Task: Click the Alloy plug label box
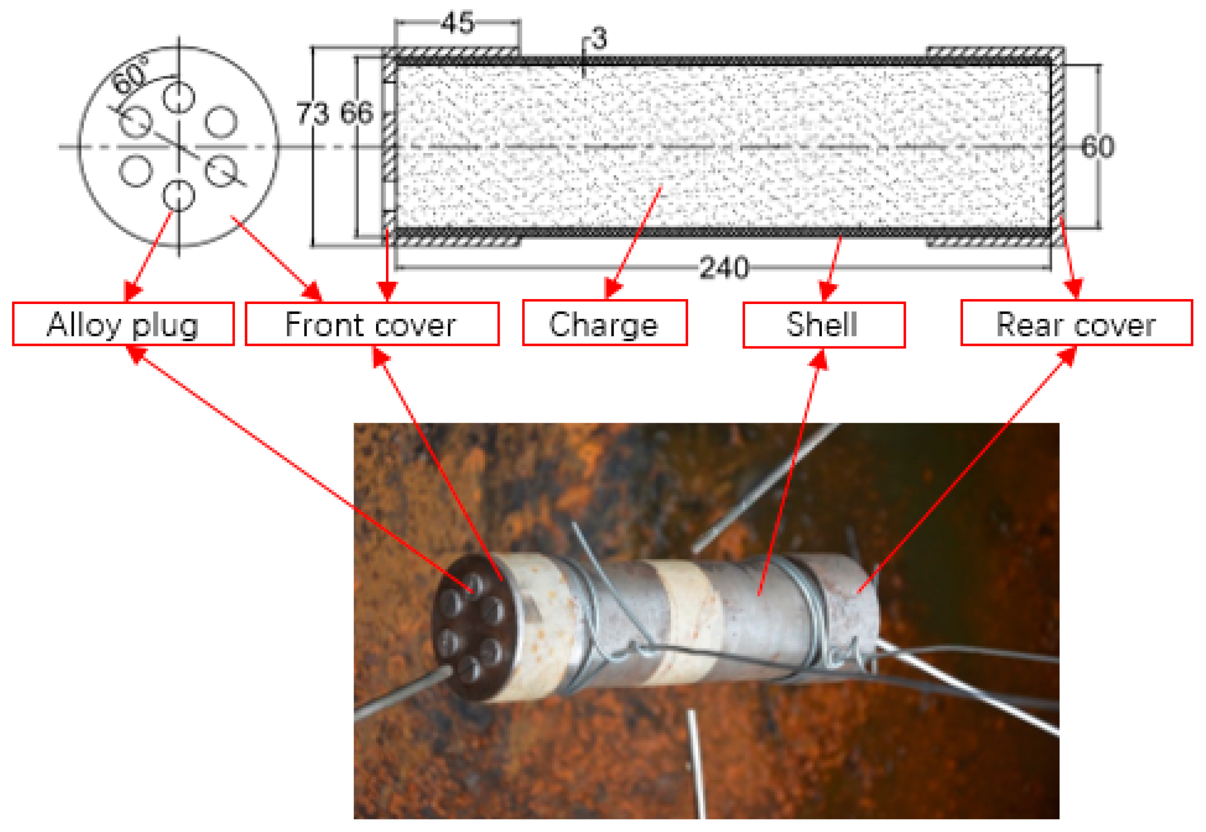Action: click(x=123, y=324)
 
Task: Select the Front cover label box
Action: click(x=372, y=324)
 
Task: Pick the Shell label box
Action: click(x=823, y=324)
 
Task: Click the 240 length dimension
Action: click(x=723, y=268)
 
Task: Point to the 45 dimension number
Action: click(x=457, y=22)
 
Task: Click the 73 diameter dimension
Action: click(x=312, y=114)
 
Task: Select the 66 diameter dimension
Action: click(x=357, y=112)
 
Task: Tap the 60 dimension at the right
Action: click(x=1098, y=147)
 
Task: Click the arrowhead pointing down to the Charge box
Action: click(x=613, y=288)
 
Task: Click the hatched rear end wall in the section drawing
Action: click(x=1057, y=146)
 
